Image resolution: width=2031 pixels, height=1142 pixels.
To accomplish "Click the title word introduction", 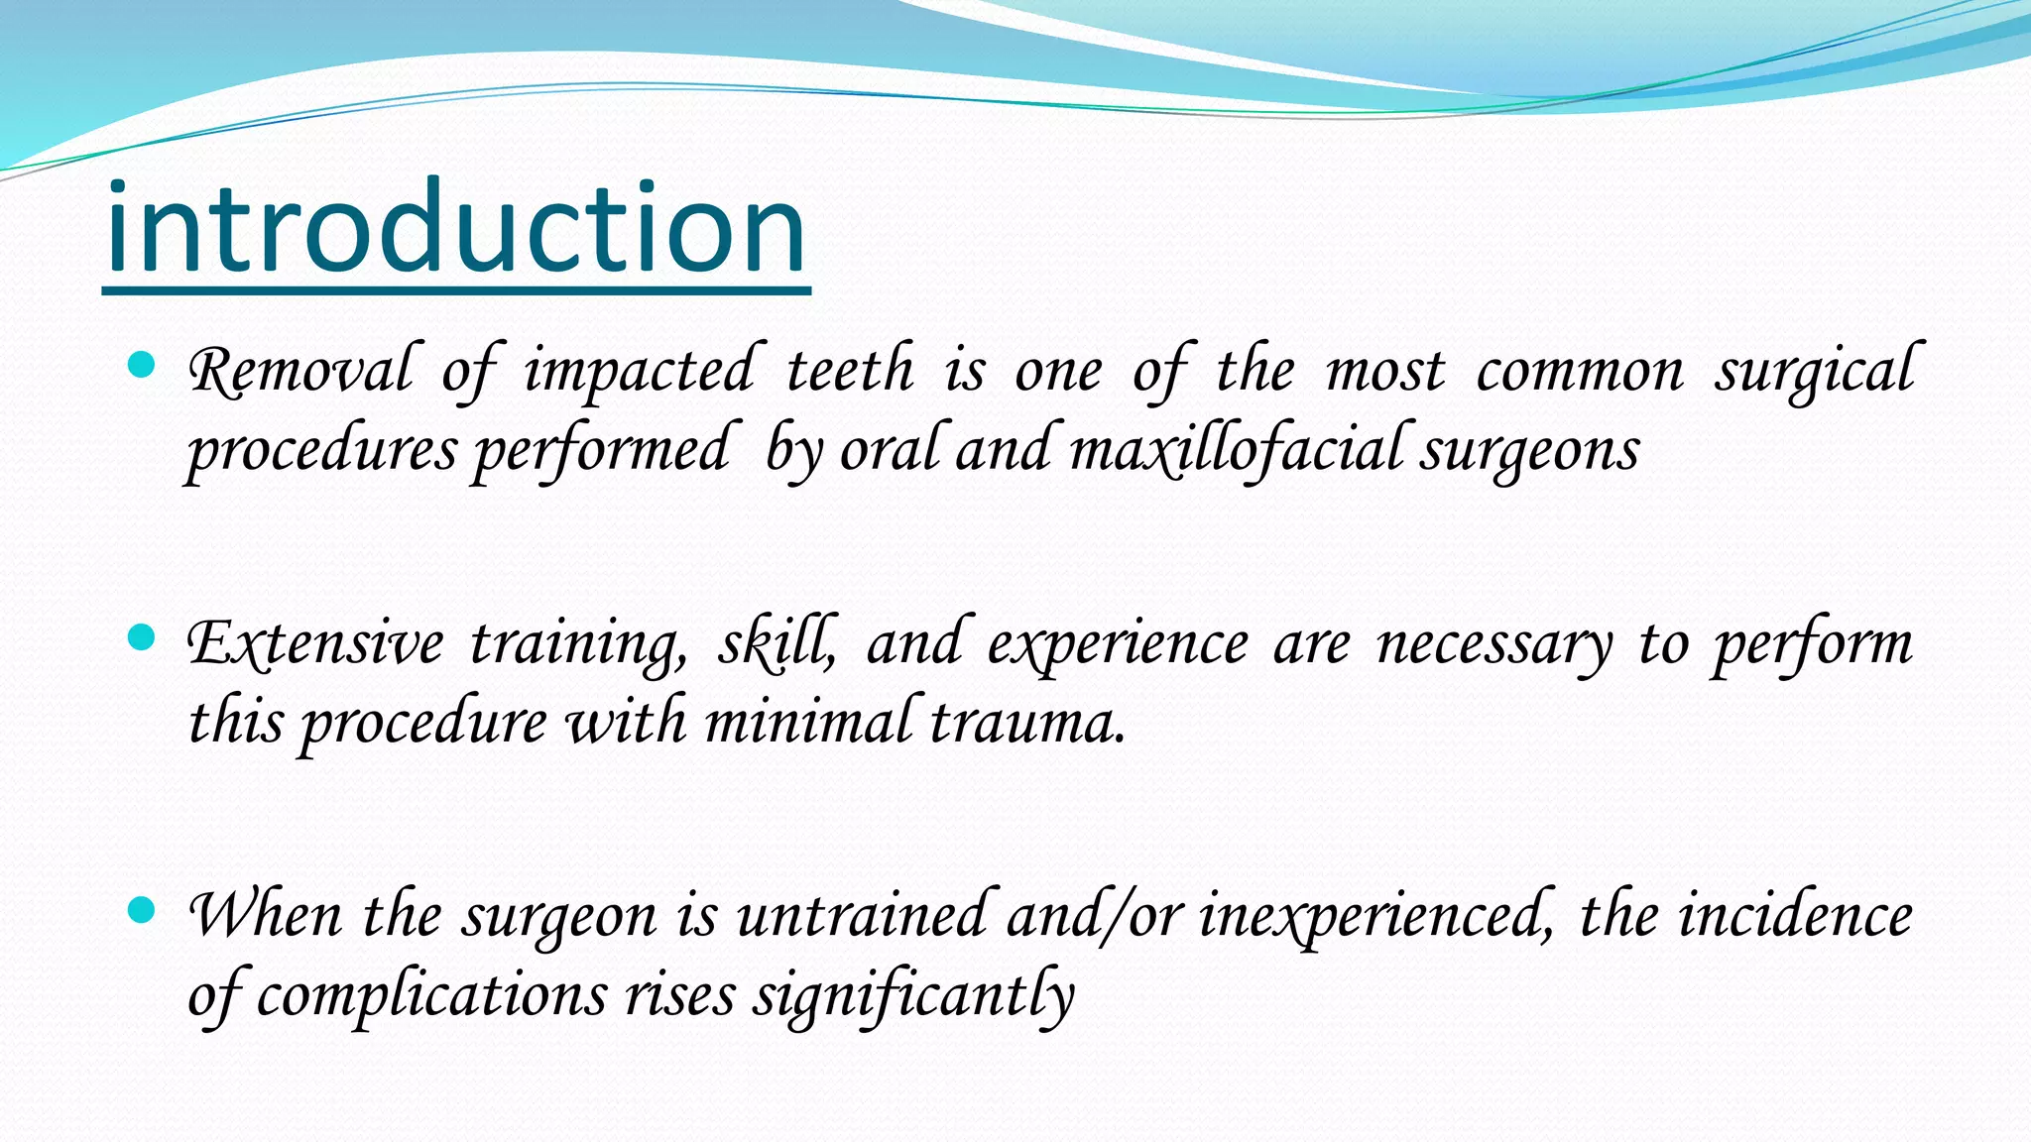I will (456, 230).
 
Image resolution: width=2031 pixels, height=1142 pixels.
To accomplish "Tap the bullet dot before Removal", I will (143, 366).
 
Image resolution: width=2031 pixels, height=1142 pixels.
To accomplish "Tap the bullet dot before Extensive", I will (143, 637).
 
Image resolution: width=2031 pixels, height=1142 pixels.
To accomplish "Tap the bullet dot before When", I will (143, 909).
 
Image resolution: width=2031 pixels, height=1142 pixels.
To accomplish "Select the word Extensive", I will (315, 643).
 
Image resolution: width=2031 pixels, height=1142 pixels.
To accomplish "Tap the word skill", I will (777, 643).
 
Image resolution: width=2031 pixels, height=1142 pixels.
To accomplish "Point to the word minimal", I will (807, 721).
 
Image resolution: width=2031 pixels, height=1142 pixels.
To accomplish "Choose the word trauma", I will (1027, 723).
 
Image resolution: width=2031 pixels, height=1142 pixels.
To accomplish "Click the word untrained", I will (861, 915).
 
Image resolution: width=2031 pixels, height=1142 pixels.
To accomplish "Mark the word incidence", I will (1795, 915).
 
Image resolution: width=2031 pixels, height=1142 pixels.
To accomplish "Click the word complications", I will (430, 994).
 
